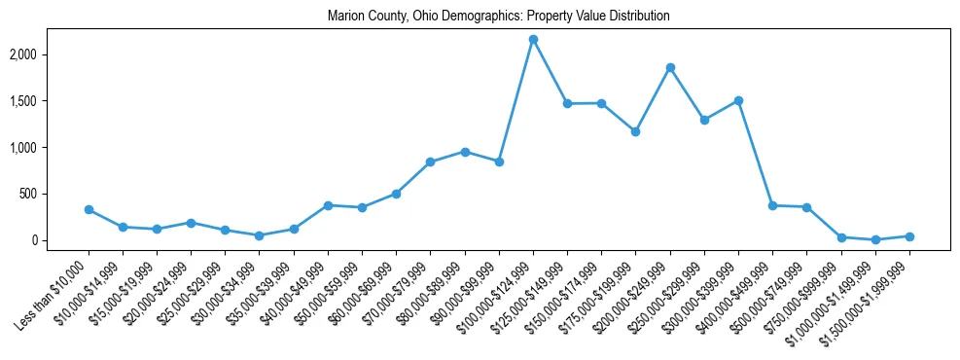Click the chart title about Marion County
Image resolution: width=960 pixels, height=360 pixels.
point(499,17)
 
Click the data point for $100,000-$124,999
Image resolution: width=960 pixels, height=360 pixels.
point(533,39)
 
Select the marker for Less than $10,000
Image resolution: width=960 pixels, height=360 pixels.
point(89,209)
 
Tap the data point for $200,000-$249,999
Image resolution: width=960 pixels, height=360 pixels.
point(670,67)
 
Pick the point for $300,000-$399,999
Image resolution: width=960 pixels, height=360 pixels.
point(738,100)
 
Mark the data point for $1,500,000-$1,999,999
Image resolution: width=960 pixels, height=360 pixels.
point(909,236)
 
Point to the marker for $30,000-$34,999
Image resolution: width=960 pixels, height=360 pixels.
point(260,235)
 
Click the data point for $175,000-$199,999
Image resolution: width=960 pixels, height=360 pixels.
point(635,131)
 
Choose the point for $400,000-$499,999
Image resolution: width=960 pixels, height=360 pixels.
point(772,205)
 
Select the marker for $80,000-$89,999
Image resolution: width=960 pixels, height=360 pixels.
point(465,152)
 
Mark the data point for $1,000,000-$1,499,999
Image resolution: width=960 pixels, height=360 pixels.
point(875,239)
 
